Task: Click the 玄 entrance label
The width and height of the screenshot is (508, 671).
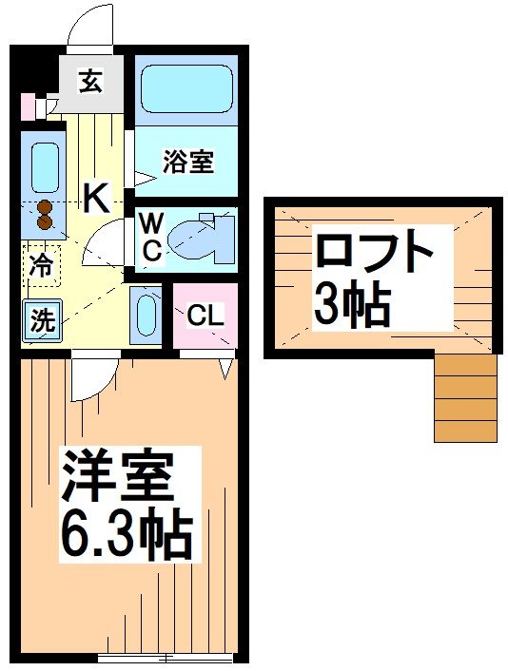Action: pyautogui.click(x=89, y=83)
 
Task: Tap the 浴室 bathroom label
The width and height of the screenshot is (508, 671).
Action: pyautogui.click(x=187, y=163)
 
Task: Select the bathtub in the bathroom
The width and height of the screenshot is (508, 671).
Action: pyautogui.click(x=186, y=89)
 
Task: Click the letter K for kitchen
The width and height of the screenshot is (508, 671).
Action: pyautogui.click(x=95, y=199)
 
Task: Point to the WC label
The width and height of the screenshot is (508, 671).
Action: pyautogui.click(x=151, y=237)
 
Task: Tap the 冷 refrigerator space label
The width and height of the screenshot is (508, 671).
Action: pyautogui.click(x=40, y=265)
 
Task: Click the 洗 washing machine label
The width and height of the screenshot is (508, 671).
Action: pyautogui.click(x=42, y=321)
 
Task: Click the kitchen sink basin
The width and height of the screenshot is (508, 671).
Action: pyautogui.click(x=44, y=167)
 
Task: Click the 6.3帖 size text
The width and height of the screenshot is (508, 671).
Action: pyautogui.click(x=127, y=537)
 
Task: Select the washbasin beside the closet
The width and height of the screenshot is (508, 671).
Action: pyautogui.click(x=147, y=315)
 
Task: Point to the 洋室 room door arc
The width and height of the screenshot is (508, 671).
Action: pyautogui.click(x=93, y=378)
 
